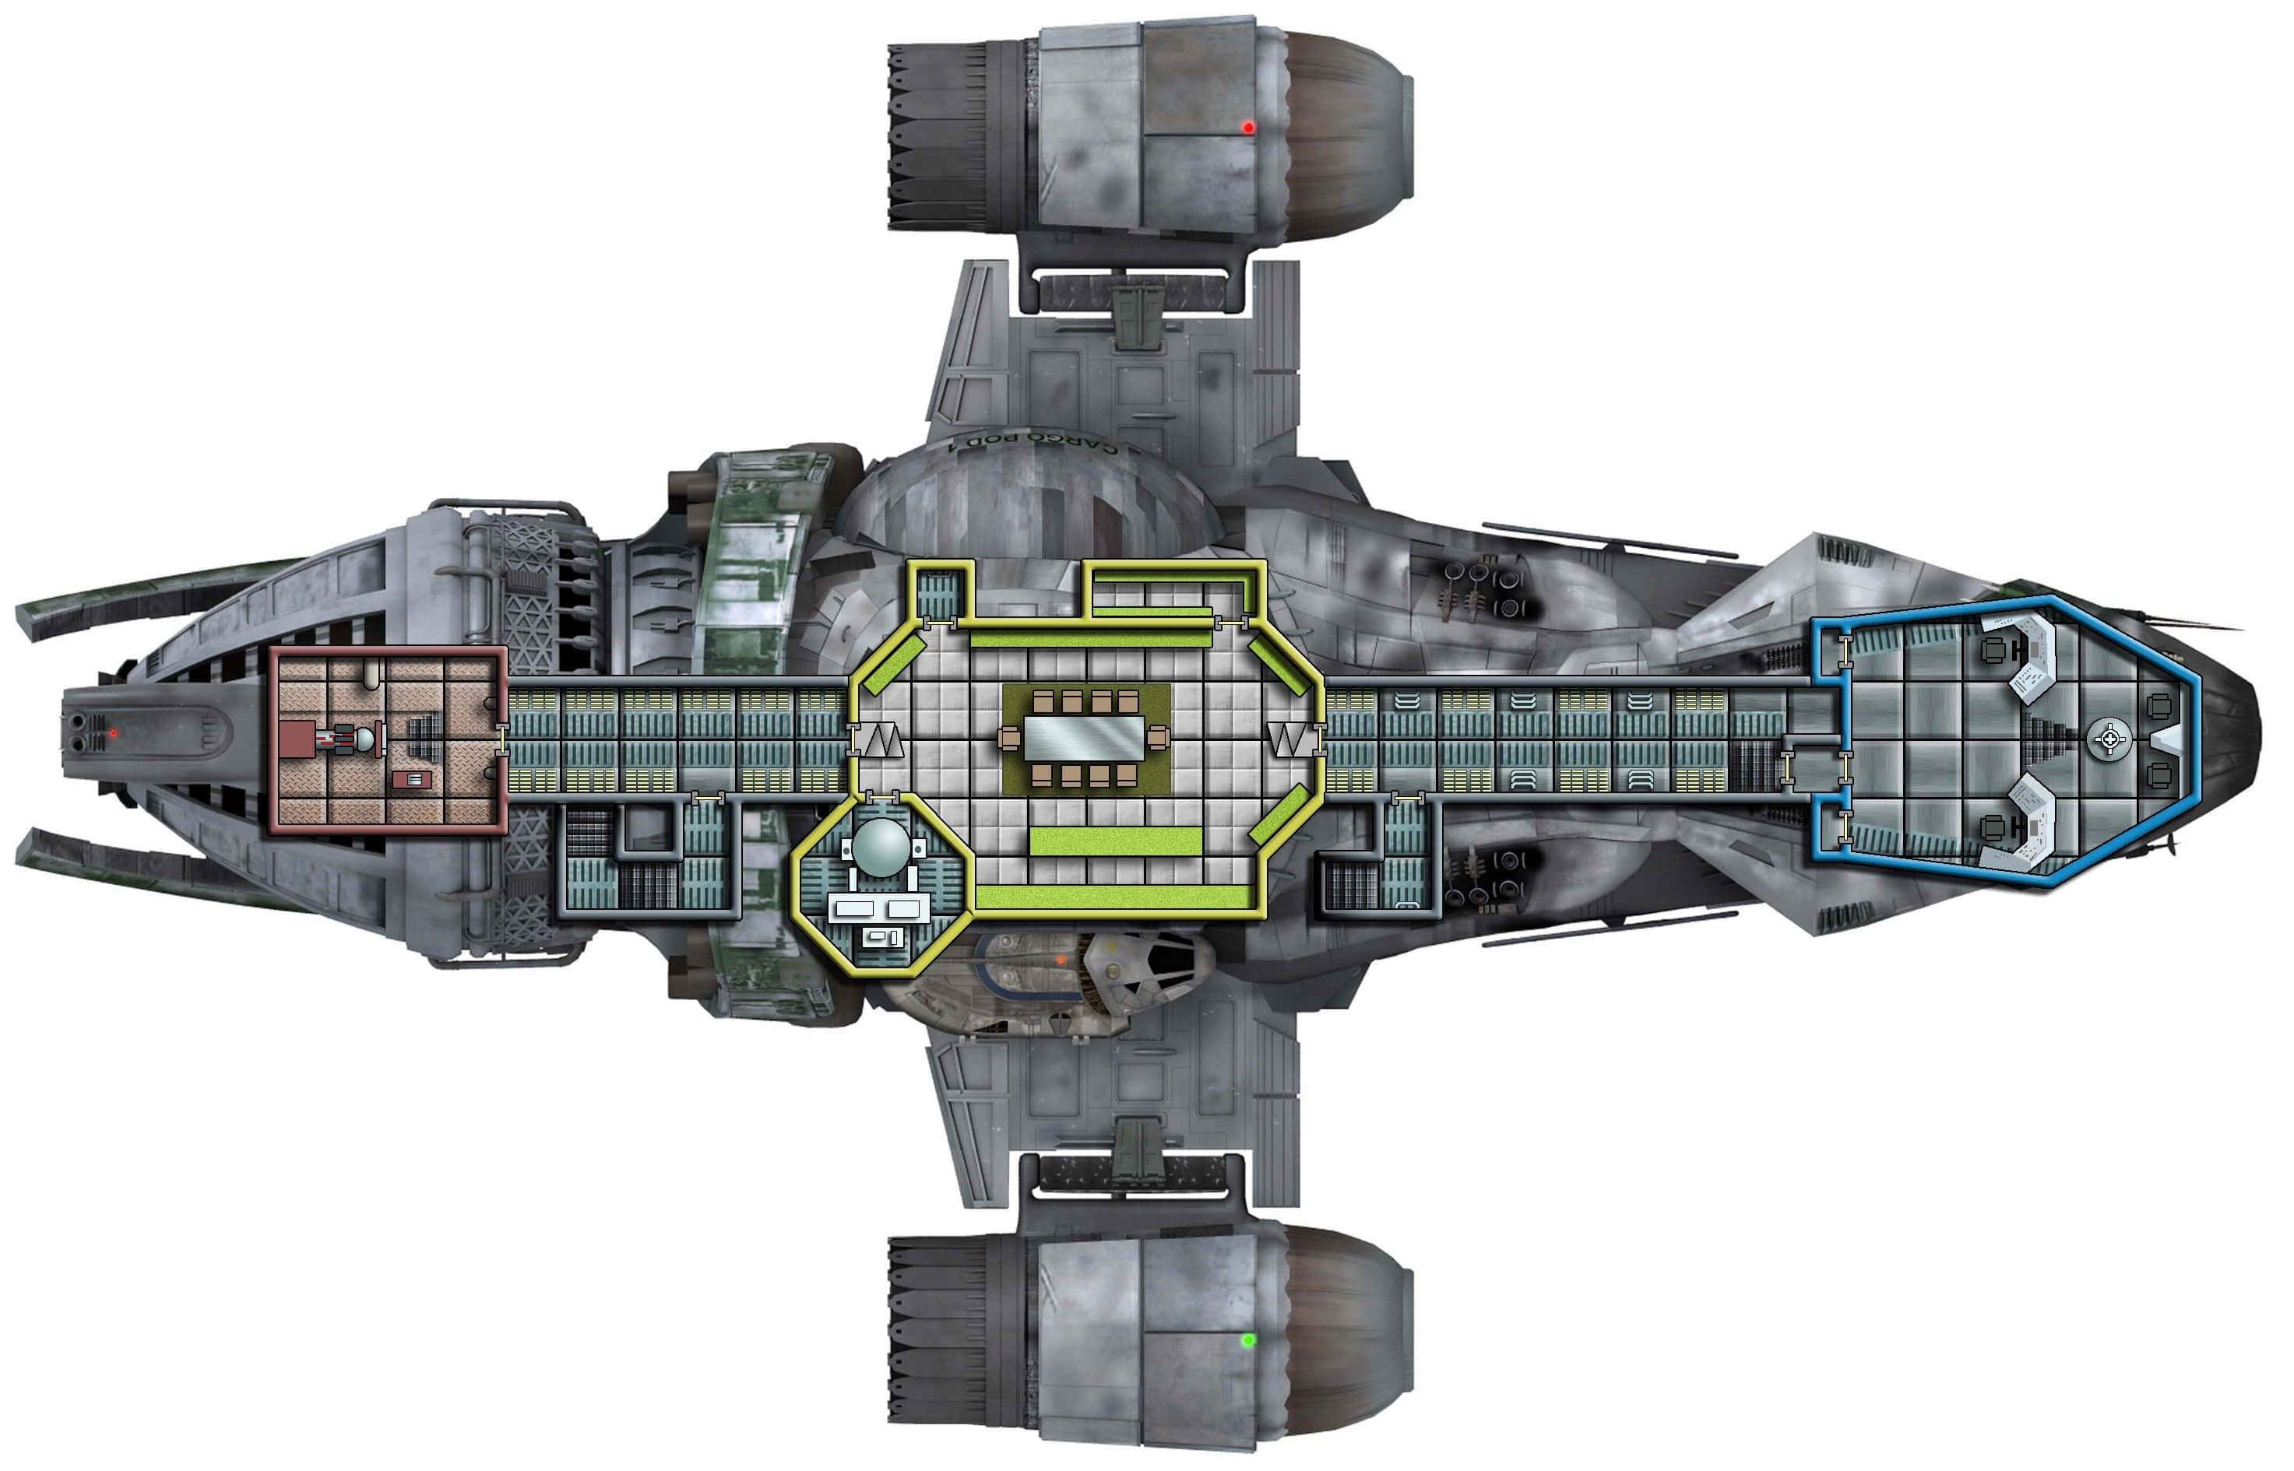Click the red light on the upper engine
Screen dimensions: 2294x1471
point(1247,127)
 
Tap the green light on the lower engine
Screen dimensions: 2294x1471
point(1247,1341)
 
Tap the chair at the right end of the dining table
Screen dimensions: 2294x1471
point(1157,737)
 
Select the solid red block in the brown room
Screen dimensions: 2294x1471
point(297,739)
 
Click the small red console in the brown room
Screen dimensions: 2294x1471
point(412,781)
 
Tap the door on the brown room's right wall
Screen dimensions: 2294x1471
point(502,739)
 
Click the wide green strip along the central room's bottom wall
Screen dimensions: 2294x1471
point(1113,897)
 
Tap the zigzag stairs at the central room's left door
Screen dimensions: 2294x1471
point(881,739)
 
